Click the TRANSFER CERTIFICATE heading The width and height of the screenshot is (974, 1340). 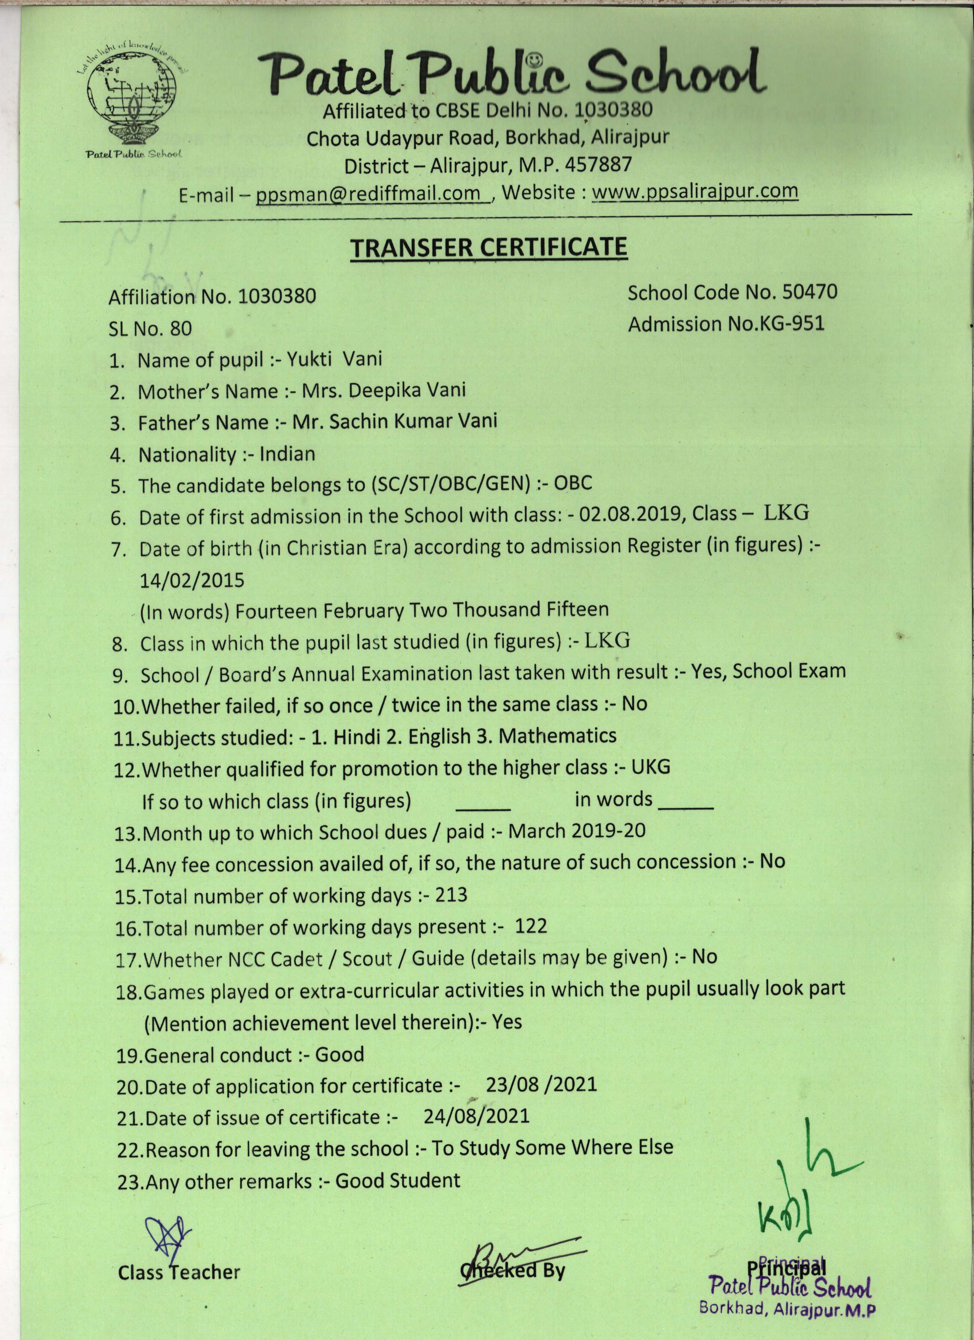click(489, 248)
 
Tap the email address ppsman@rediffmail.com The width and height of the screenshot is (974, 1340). click(367, 193)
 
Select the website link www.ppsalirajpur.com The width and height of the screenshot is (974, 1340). click(695, 191)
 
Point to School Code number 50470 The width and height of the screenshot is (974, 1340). click(809, 292)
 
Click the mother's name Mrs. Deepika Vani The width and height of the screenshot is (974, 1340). click(383, 390)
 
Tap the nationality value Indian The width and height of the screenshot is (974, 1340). click(287, 454)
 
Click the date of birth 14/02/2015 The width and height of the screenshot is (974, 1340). click(191, 580)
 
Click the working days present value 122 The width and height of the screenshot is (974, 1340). click(531, 926)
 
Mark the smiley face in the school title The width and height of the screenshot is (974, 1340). click(534, 60)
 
